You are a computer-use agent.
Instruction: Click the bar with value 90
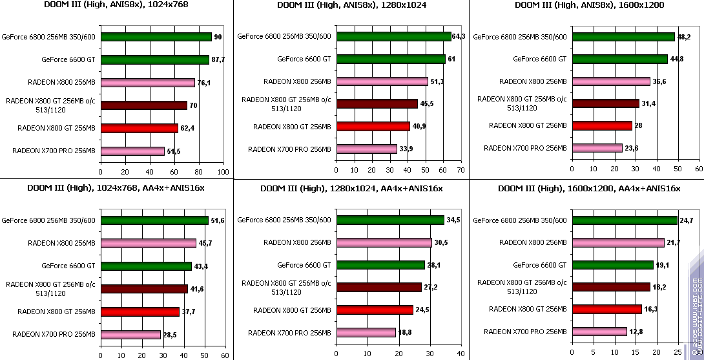coord(156,37)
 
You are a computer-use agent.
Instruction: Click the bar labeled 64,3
coord(393,36)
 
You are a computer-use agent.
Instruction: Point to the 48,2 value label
coord(684,37)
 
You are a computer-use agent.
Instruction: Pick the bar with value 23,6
coord(597,148)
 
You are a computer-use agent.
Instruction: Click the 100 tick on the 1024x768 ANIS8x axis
coord(223,173)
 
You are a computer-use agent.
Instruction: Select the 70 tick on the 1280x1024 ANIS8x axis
coord(460,170)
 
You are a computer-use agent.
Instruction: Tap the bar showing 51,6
coord(154,220)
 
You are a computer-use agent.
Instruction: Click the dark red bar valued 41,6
coord(144,289)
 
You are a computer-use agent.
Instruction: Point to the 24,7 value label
coord(686,220)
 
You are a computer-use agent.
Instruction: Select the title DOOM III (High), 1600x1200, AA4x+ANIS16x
coord(589,189)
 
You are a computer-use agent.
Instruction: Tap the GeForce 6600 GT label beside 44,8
coord(540,59)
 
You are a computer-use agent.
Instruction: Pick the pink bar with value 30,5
coord(384,243)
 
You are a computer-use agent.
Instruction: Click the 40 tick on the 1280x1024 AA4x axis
coord(460,354)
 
